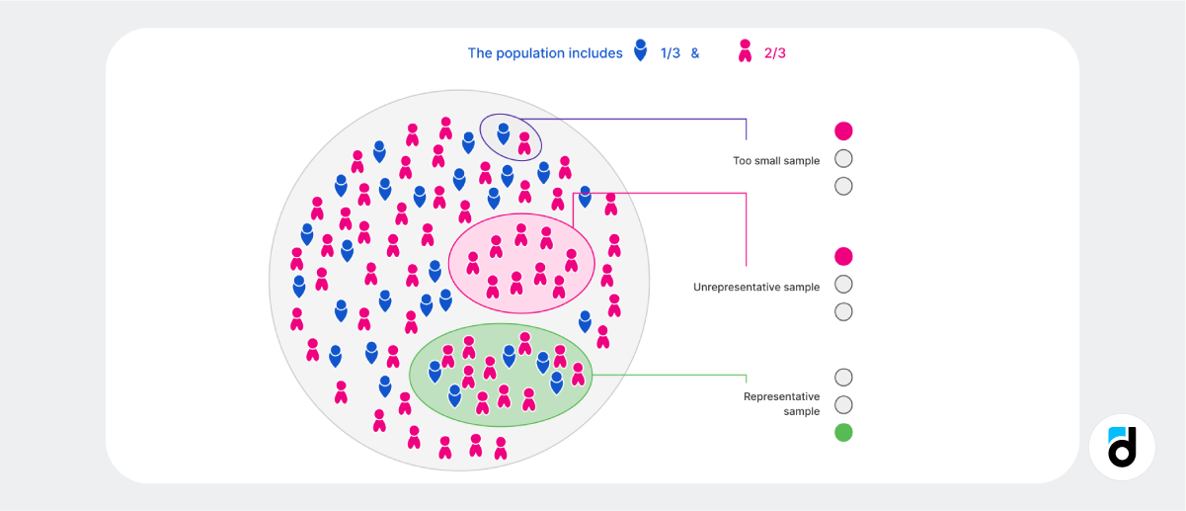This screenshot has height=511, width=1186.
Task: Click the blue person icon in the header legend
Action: pos(641,50)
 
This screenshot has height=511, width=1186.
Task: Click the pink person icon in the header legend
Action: pos(745,50)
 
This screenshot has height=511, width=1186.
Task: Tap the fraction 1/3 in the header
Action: pos(671,53)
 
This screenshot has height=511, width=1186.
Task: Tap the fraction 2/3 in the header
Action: pos(775,53)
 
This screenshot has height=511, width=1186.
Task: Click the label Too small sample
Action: pos(776,160)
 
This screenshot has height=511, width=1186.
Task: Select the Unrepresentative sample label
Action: pos(756,287)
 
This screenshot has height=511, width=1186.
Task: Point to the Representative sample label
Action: pos(781,403)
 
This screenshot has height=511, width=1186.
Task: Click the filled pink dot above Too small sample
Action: pos(843,130)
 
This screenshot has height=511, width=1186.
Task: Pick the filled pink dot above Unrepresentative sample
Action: pos(843,257)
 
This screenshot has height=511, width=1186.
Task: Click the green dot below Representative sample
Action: pos(843,432)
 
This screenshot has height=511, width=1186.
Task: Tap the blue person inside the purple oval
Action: pos(504,132)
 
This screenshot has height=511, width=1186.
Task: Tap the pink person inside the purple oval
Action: pos(524,143)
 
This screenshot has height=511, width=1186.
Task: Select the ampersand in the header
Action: pos(695,53)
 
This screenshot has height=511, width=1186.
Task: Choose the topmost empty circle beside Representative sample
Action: pos(843,377)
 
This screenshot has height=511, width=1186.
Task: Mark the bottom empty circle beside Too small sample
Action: pos(843,186)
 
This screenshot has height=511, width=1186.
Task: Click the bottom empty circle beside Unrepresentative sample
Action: pos(843,312)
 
